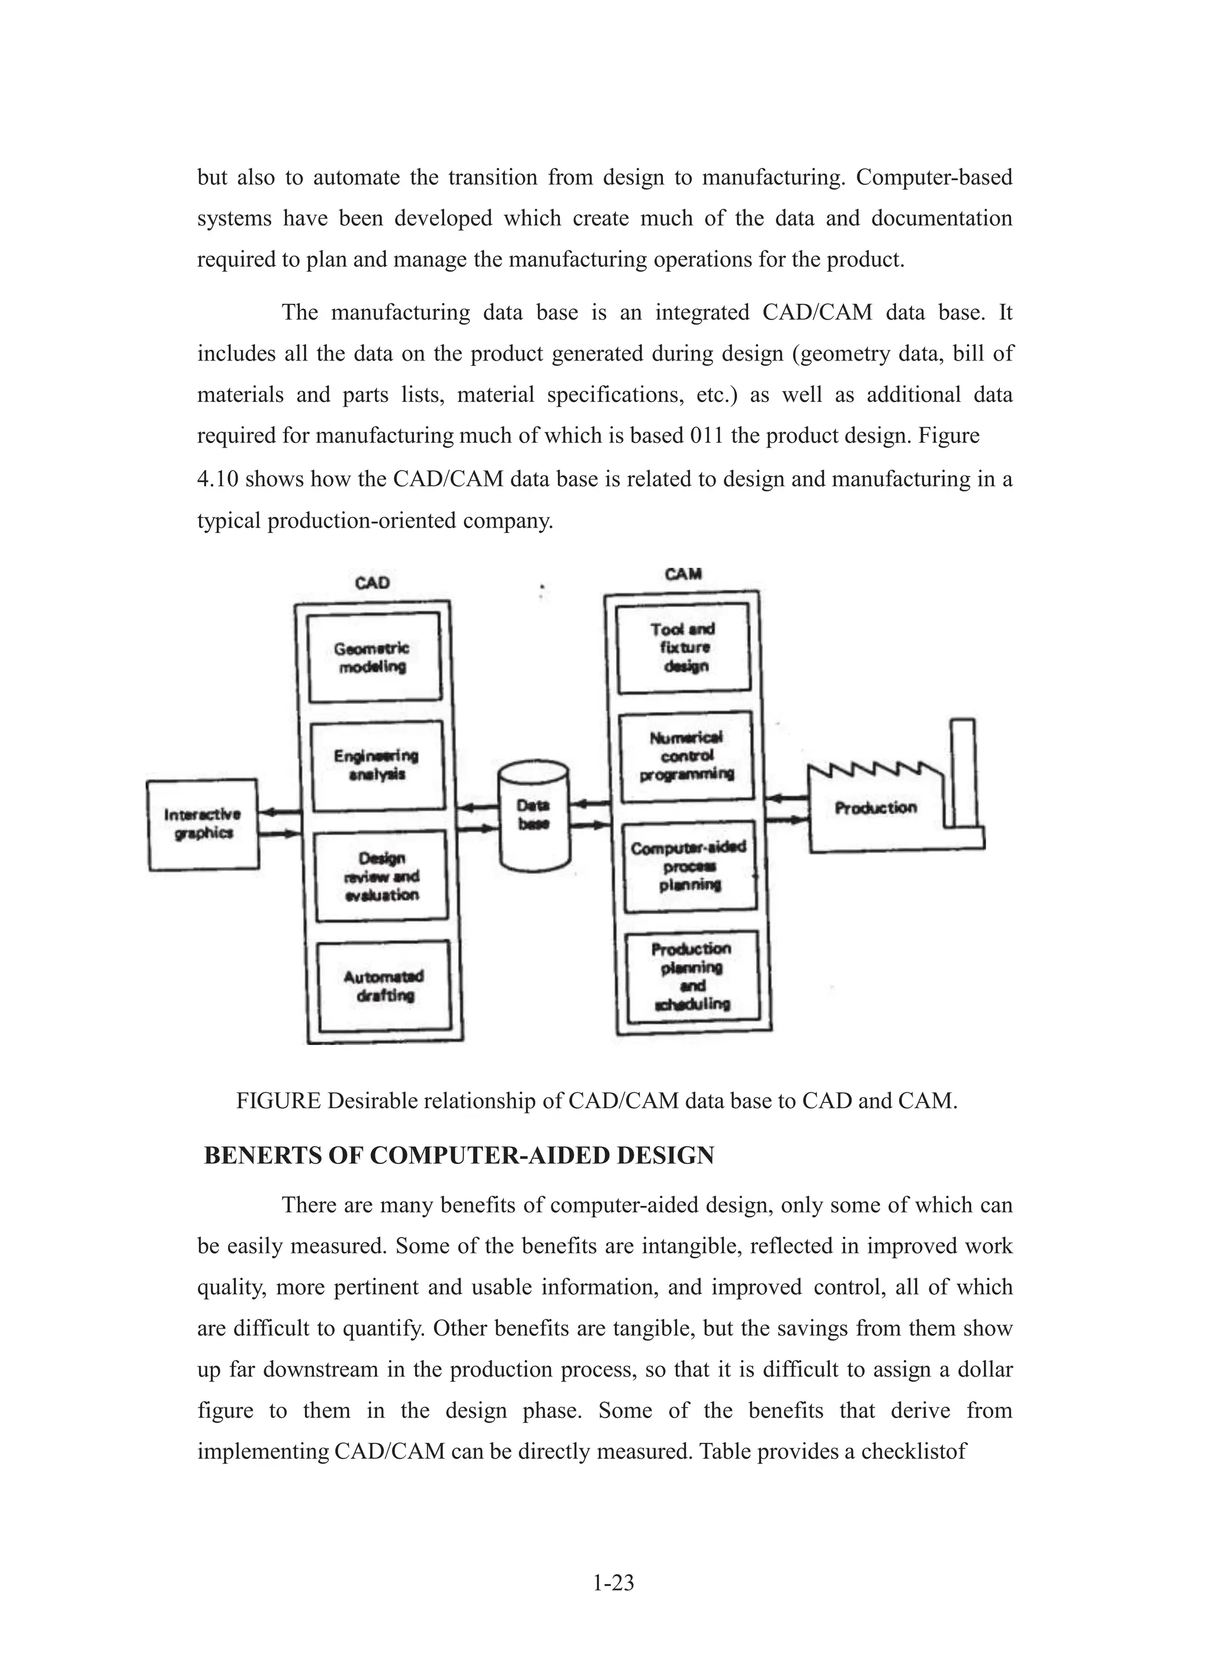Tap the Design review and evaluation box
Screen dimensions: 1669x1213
(x=380, y=876)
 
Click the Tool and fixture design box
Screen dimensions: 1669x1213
(x=683, y=648)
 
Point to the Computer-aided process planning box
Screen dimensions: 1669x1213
(x=689, y=866)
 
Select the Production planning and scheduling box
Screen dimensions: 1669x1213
(x=692, y=976)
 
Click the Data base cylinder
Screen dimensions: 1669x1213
(x=534, y=815)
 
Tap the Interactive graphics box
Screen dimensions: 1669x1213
(x=203, y=824)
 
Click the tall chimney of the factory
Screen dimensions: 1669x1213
(x=962, y=773)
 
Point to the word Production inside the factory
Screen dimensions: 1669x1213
(x=876, y=808)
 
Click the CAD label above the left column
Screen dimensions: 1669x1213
(x=373, y=583)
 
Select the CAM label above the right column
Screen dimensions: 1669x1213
(x=683, y=574)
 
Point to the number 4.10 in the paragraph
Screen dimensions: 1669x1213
(x=217, y=480)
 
